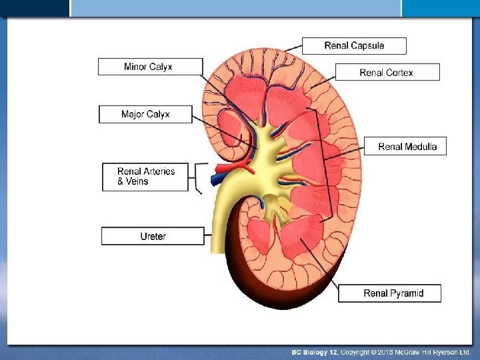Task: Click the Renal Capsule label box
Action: coord(354,45)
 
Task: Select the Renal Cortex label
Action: coord(387,72)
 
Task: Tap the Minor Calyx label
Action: coord(151,67)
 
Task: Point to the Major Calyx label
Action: coord(145,114)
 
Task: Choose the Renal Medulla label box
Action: coord(405,147)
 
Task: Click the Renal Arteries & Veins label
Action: coord(145,176)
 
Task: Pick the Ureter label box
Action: coord(153,236)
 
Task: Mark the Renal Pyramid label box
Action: coord(390,293)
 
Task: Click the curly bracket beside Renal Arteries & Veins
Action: coord(197,177)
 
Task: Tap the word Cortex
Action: coord(399,72)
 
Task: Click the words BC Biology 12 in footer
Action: coord(315,351)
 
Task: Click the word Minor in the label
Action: coord(136,67)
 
